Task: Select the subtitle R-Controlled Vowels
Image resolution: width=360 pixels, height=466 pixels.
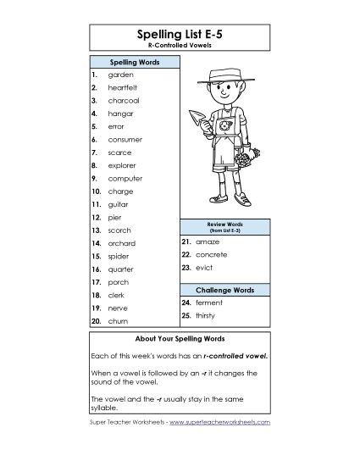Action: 180,46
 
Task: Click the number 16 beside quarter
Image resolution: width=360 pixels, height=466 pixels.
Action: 96,269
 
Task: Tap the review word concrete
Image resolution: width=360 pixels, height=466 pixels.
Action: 212,254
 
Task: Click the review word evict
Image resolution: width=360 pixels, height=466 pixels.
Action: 204,268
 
